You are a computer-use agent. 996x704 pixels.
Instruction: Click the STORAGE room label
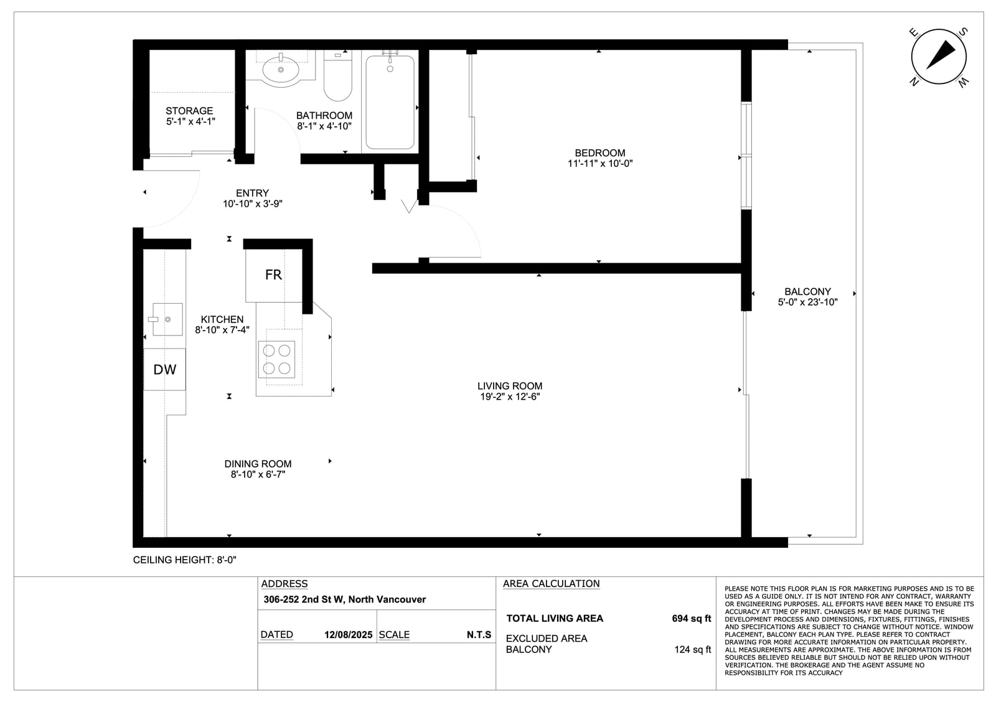pos(189,111)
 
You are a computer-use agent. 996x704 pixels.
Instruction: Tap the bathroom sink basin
pos(281,69)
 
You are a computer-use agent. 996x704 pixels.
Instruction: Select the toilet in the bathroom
pos(338,75)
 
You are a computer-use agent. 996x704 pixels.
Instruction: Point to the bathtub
pos(390,102)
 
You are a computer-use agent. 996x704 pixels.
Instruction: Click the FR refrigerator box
pos(274,275)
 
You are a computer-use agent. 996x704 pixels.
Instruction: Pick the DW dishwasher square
pos(164,370)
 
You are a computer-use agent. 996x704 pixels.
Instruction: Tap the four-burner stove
pos(276,359)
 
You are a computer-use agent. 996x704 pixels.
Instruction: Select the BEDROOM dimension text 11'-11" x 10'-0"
pos(600,164)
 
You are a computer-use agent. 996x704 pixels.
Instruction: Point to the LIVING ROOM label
pos(510,386)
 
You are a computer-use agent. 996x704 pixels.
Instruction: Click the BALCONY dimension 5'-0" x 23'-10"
pos(807,303)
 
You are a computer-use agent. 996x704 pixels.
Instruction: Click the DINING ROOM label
pos(258,464)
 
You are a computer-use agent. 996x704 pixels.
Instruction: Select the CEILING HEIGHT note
pos(184,560)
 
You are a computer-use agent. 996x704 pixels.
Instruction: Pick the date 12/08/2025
pos(348,635)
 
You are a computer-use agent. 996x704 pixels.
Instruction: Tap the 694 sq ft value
pos(692,619)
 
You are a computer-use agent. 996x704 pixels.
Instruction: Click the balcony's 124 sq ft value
pos(693,650)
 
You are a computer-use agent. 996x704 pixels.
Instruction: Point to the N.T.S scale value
pos(479,635)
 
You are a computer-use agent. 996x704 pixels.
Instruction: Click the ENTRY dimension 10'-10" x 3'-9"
pos(253,204)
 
